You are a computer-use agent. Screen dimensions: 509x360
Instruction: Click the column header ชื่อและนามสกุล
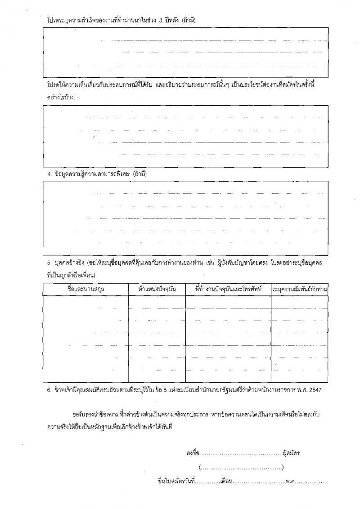[x=85, y=289]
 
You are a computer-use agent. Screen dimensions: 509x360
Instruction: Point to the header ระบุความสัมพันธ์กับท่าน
[x=299, y=289]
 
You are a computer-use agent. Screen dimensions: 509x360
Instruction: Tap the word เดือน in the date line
[x=226, y=482]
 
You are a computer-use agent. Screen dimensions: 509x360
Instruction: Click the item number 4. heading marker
[x=49, y=174]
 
